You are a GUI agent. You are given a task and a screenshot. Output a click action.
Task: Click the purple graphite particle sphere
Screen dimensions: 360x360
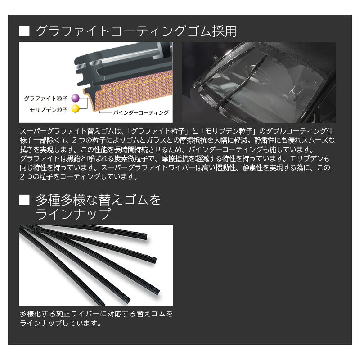coord(75,98)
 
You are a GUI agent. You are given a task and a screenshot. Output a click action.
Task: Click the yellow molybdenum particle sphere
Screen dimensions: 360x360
coord(75,109)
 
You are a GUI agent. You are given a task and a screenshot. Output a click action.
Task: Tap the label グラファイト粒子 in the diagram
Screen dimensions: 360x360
coord(46,99)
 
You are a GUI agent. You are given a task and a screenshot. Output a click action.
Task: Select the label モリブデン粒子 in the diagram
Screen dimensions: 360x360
coord(49,110)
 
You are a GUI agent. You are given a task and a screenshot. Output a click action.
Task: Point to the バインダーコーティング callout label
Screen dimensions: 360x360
coord(141,113)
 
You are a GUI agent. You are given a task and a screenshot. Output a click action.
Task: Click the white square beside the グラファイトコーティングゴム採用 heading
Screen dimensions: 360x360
coord(24,31)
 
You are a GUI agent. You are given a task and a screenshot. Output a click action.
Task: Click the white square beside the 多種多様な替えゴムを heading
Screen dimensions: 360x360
coord(24,200)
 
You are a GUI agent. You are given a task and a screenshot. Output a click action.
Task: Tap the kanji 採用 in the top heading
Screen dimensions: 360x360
coord(224,31)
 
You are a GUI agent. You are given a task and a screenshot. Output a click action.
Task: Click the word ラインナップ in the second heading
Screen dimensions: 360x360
coord(73,214)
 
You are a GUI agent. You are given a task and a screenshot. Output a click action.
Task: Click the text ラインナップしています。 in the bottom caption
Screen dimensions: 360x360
coord(61,323)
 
